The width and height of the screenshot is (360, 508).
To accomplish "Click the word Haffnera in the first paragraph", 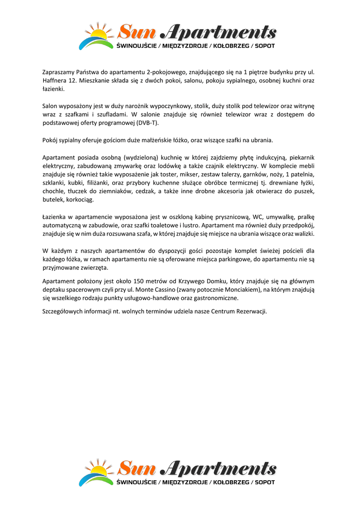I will click(55, 80).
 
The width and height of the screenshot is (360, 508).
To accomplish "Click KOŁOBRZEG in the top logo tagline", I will click(228, 46).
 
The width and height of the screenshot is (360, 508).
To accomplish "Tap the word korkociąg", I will click(79, 199).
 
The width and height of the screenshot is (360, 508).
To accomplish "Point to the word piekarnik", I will click(301, 157).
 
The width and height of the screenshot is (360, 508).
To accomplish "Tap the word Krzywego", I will click(188, 281).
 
